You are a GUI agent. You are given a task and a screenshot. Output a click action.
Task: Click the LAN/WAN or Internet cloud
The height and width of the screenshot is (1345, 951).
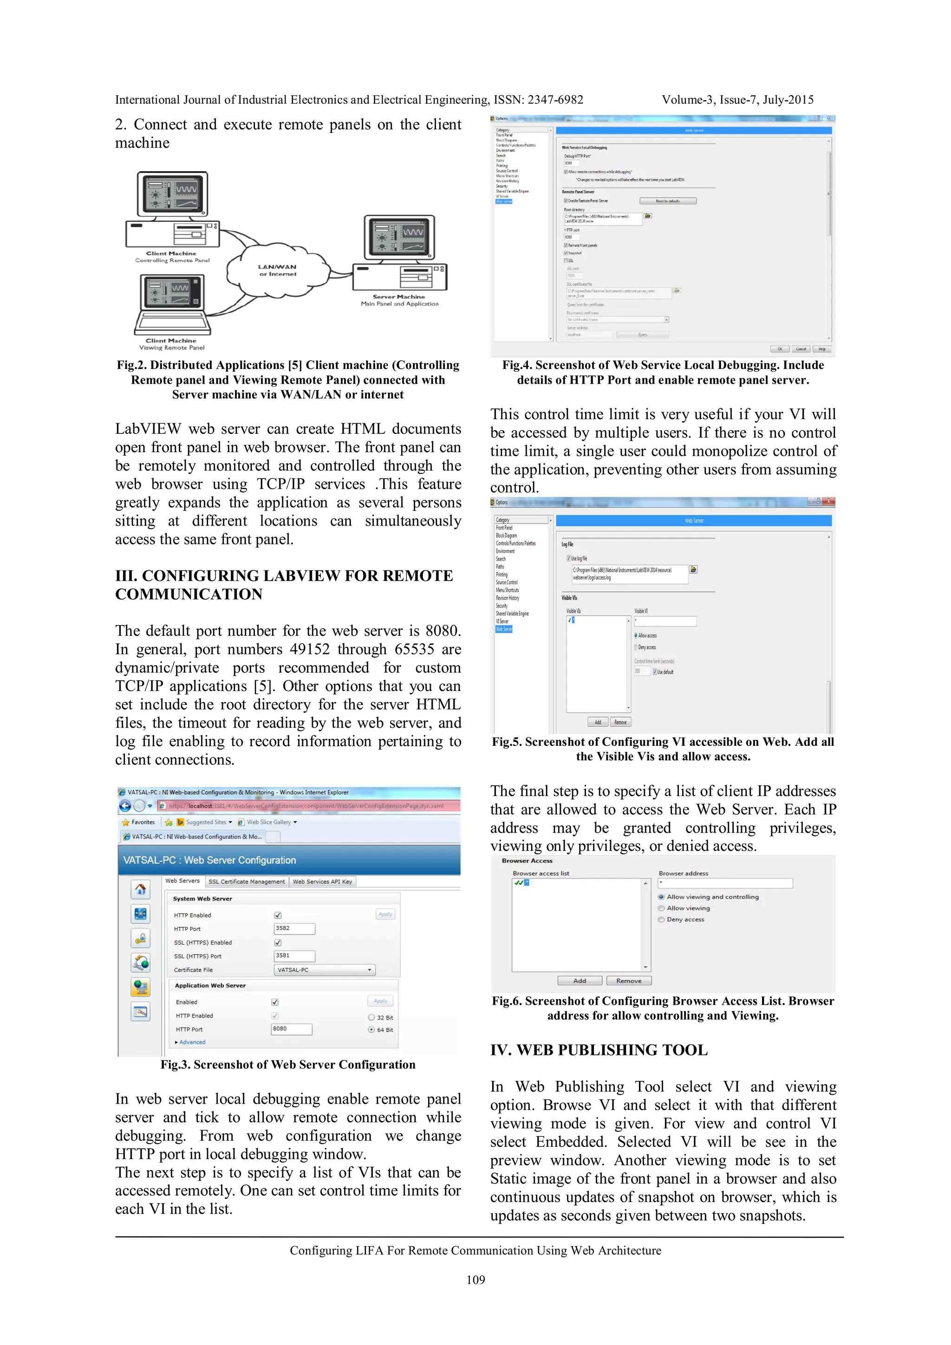tap(278, 270)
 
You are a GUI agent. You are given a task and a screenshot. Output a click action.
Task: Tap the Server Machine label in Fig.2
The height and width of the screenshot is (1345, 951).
tap(398, 297)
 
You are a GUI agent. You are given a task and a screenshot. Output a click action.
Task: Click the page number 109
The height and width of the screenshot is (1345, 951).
tap(475, 1280)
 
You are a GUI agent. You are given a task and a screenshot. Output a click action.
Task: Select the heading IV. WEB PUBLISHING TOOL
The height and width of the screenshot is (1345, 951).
tap(599, 1050)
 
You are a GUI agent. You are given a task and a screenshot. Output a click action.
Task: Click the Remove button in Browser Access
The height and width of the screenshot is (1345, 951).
tap(629, 981)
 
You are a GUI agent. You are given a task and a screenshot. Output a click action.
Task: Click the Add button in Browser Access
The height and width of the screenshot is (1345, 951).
tap(580, 981)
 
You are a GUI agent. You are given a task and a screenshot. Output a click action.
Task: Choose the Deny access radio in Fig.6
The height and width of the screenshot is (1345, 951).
tap(662, 920)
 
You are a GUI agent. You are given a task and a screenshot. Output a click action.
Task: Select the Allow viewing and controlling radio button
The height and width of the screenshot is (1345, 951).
tap(662, 897)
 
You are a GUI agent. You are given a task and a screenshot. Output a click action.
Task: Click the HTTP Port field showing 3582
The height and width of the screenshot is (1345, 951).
tap(294, 929)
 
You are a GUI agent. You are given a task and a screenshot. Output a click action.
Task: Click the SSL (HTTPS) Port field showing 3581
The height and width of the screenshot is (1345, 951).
tap(294, 956)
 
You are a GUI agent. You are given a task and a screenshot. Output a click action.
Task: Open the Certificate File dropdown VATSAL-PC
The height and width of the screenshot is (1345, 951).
tap(324, 970)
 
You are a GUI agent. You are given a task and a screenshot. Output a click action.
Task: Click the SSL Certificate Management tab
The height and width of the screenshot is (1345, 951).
tap(247, 882)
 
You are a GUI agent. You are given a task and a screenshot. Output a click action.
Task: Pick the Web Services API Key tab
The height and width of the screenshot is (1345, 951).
tap(322, 882)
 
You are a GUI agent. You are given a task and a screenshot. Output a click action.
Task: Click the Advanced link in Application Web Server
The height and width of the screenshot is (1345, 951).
tap(192, 1042)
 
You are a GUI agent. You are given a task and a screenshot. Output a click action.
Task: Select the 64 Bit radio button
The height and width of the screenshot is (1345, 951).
tap(371, 1029)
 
